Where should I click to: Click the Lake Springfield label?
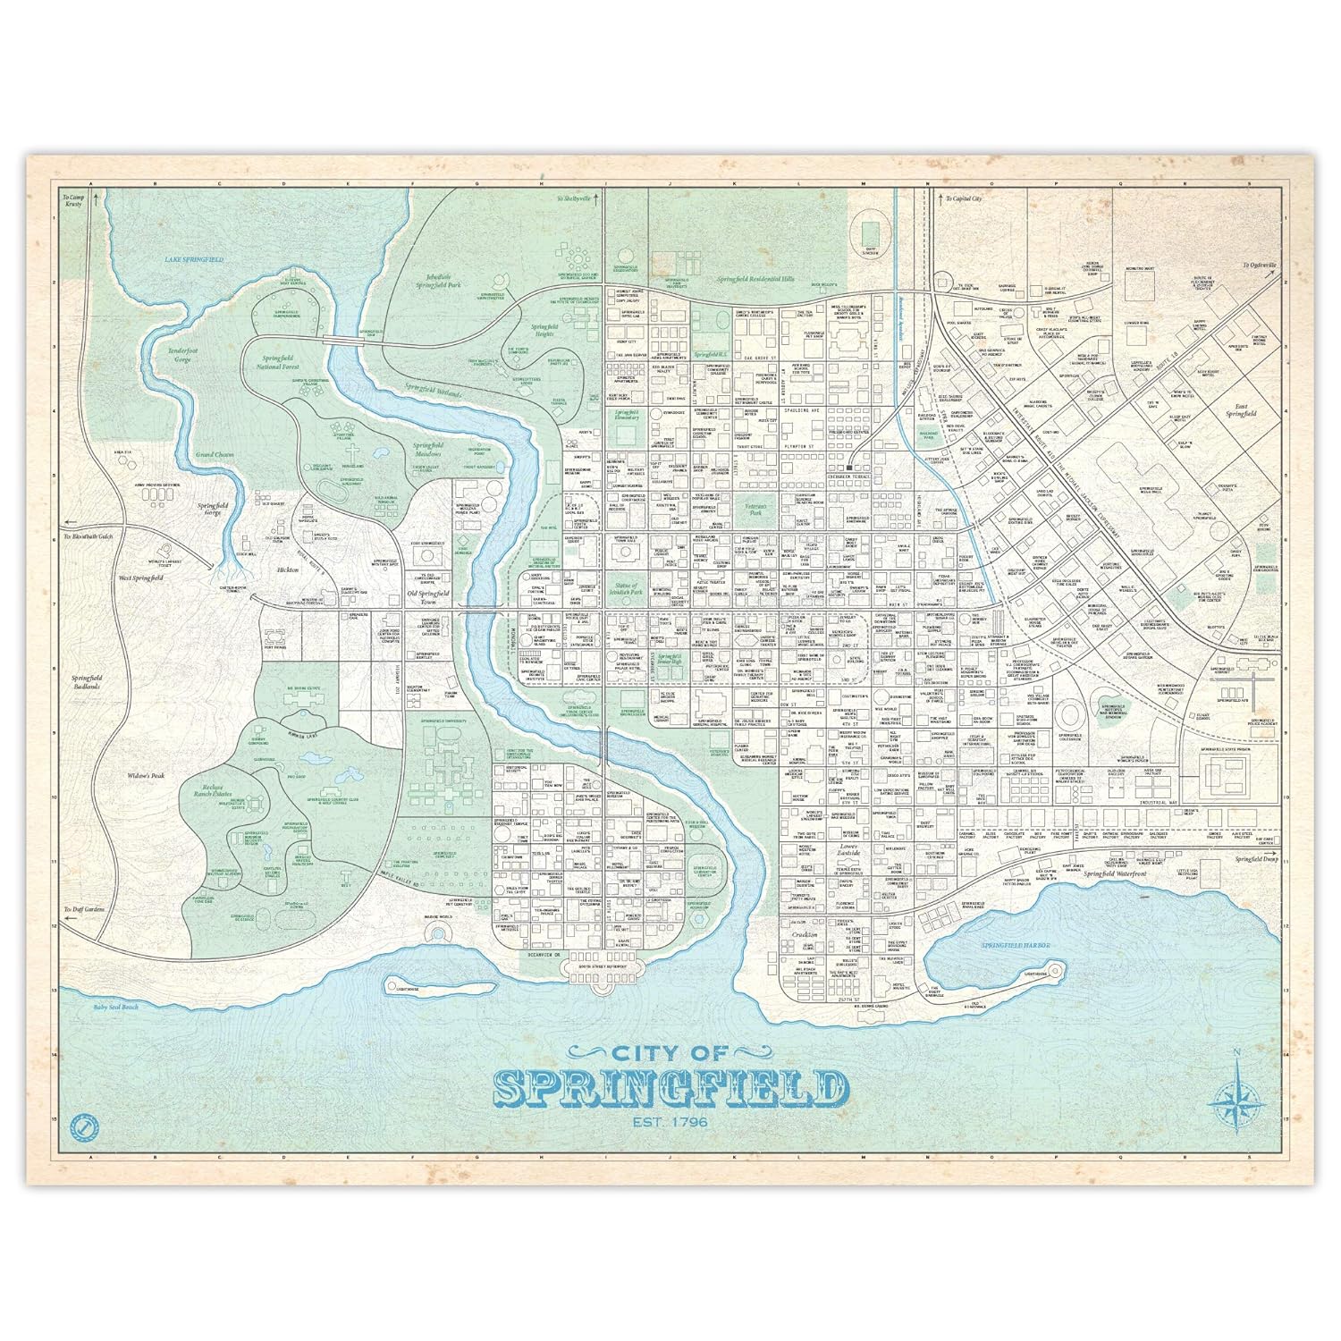pos(194,259)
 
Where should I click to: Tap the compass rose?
pos(1236,1099)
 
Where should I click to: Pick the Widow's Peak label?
pos(147,775)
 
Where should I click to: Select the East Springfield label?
pos(1240,410)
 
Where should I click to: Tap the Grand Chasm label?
pos(215,454)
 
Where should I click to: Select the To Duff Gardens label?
pos(85,909)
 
